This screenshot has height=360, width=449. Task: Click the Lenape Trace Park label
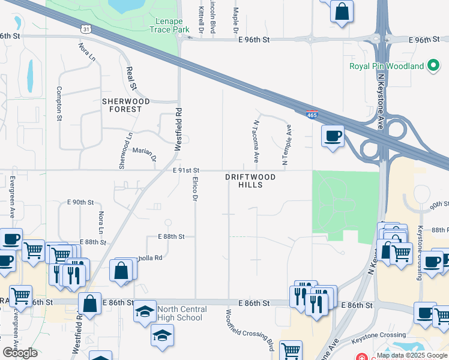pyautogui.click(x=169, y=25)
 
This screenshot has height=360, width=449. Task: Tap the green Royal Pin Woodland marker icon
pyautogui.click(x=433, y=66)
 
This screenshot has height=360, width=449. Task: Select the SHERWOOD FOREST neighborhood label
pyautogui.click(x=122, y=106)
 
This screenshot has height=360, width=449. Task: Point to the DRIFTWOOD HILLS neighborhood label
pyautogui.click(x=244, y=181)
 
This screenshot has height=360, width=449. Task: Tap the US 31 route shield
pyautogui.click(x=87, y=28)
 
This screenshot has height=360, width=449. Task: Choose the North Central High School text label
pyautogui.click(x=182, y=313)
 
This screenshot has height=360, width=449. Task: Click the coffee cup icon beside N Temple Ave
pyautogui.click(x=332, y=136)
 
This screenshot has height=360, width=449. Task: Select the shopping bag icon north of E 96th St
pyautogui.click(x=342, y=11)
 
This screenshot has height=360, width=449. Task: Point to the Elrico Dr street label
pyautogui.click(x=195, y=188)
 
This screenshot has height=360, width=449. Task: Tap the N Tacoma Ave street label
pyautogui.click(x=256, y=141)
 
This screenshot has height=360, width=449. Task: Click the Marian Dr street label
pyautogui.click(x=144, y=154)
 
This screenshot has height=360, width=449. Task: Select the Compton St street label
pyautogui.click(x=59, y=103)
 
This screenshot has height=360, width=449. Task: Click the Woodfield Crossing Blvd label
pyautogui.click(x=250, y=330)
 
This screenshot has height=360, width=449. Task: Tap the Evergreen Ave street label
pyautogui.click(x=11, y=196)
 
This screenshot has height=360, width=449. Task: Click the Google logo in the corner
pyautogui.click(x=20, y=353)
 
